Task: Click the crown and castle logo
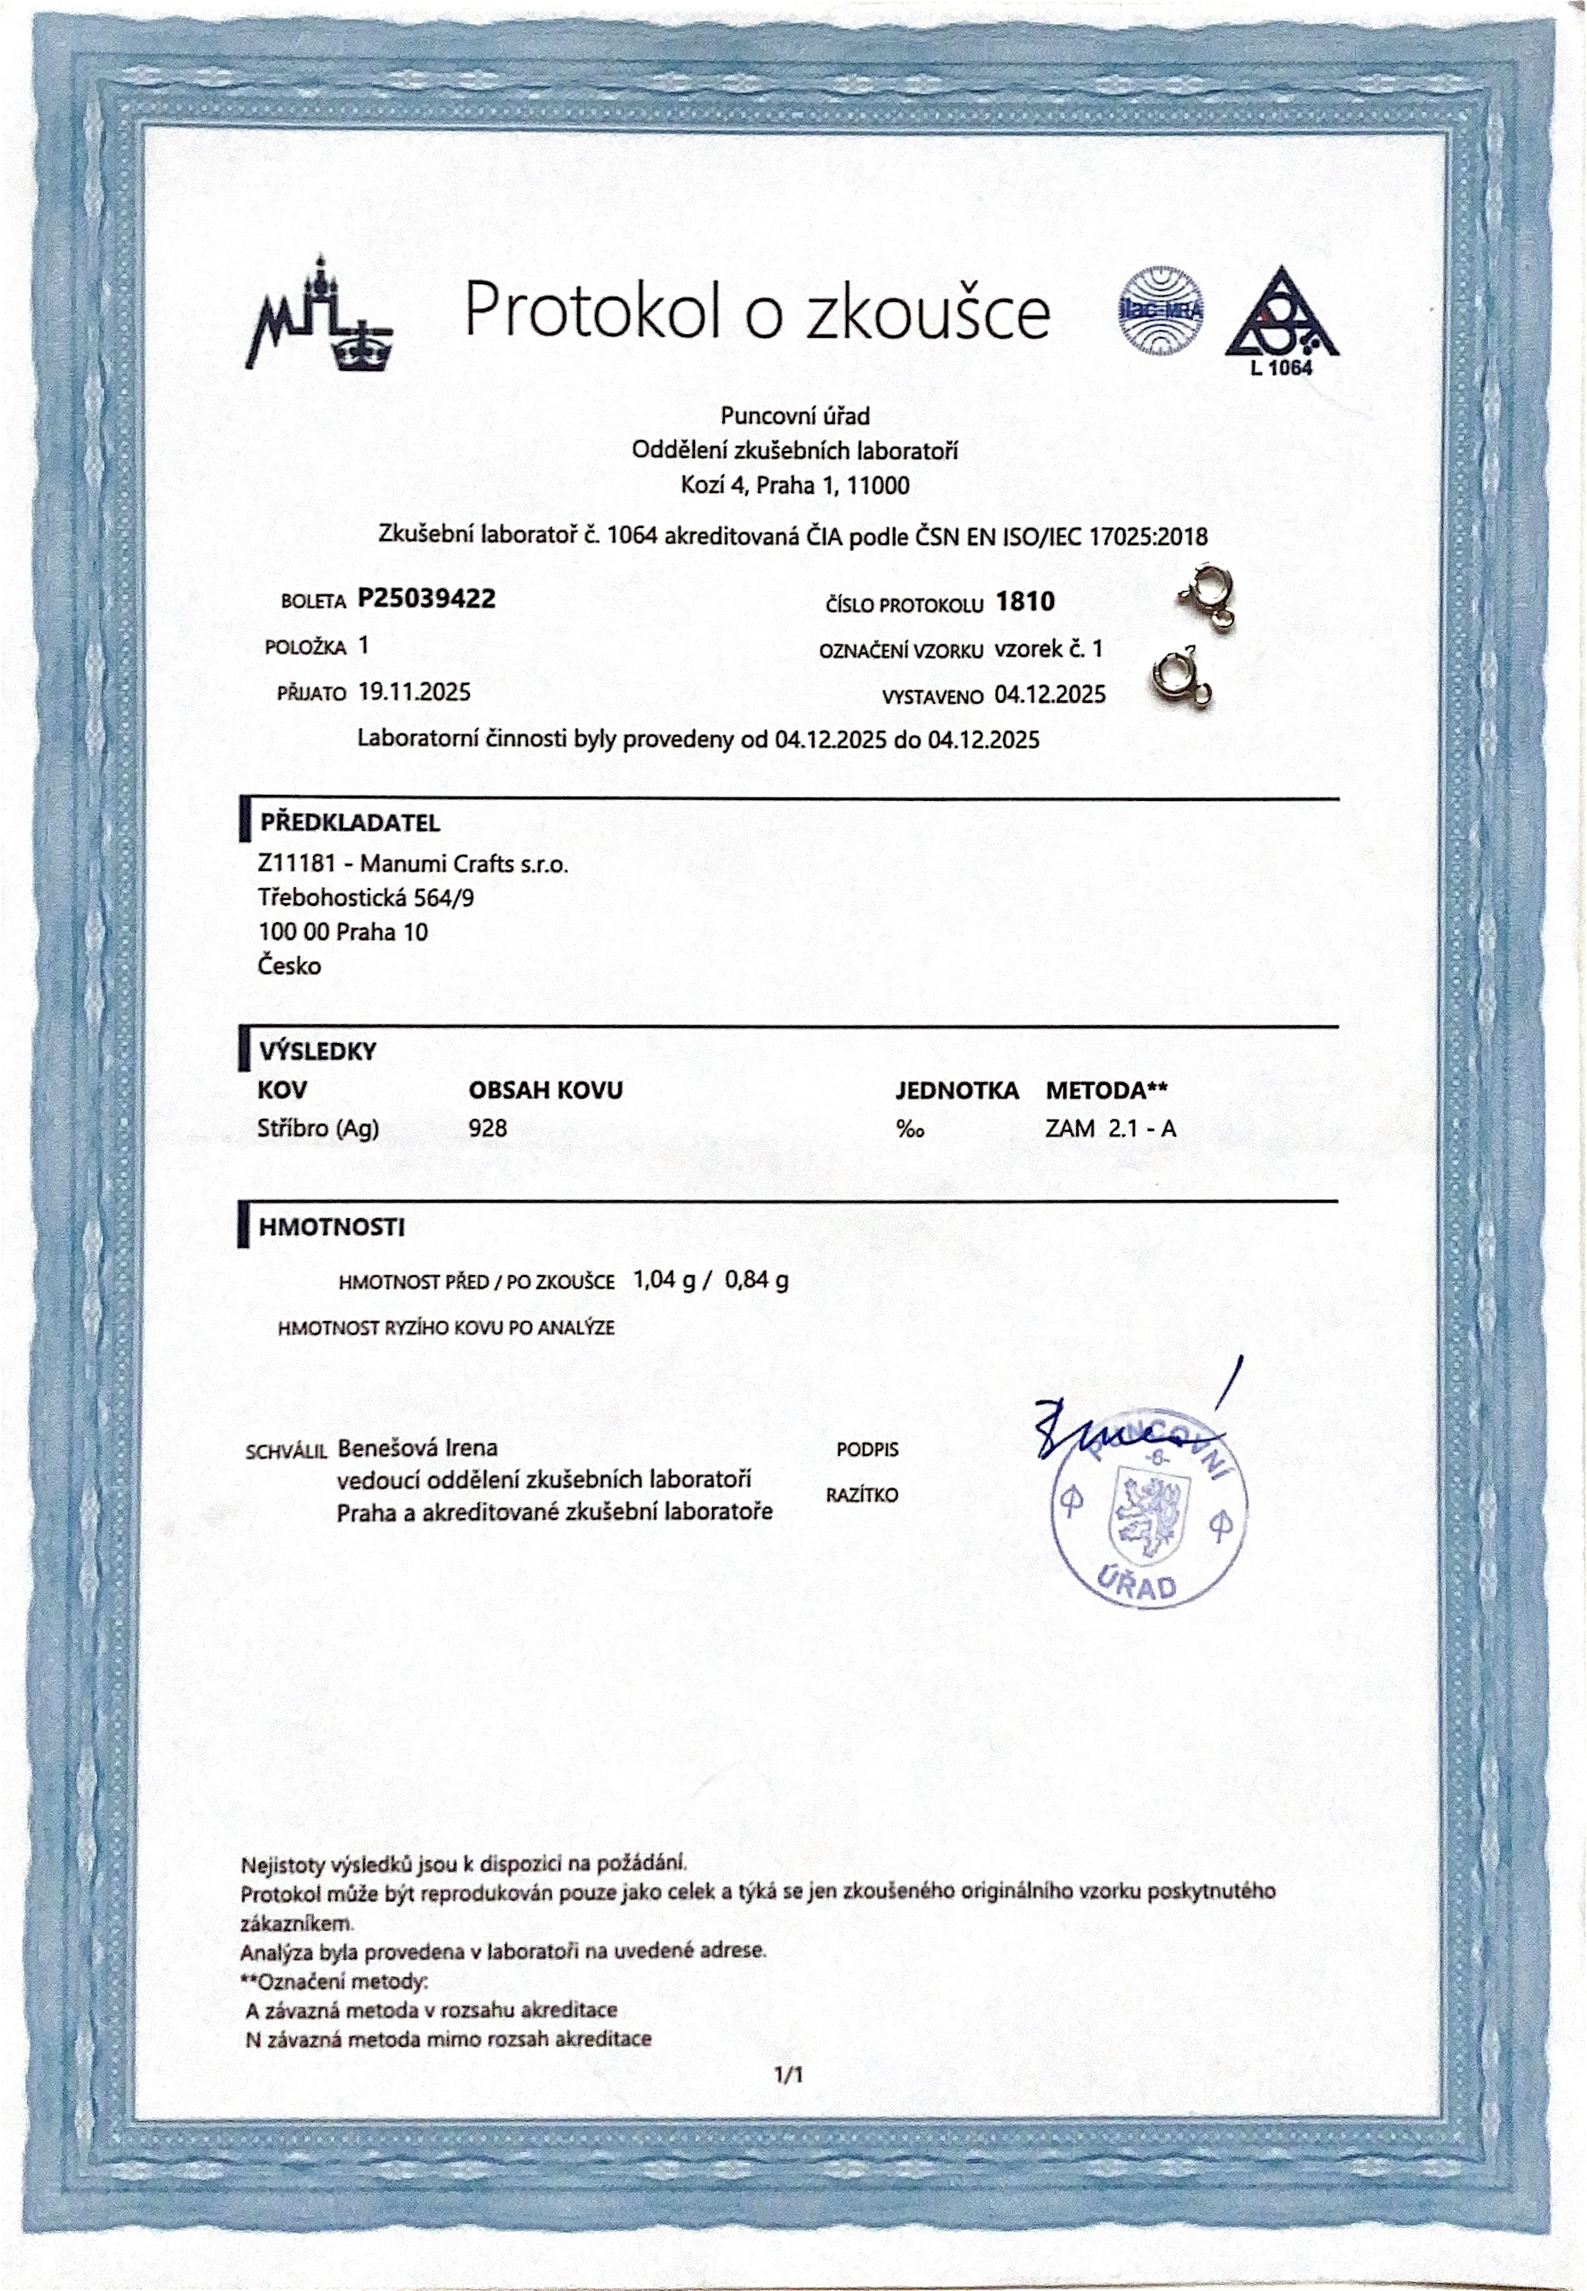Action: [x=319, y=312]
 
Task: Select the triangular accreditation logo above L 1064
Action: [x=1282, y=316]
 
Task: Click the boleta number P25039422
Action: [x=426, y=598]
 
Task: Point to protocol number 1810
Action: [x=1025, y=601]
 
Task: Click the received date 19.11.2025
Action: [x=414, y=692]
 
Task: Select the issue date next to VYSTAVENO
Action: [x=1050, y=695]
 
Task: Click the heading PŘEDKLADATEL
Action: [x=350, y=823]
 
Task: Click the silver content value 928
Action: [x=487, y=1128]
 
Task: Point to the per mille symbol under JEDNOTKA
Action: [x=910, y=1128]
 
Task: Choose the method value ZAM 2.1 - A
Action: [x=1110, y=1128]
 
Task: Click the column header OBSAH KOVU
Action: [x=545, y=1091]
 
